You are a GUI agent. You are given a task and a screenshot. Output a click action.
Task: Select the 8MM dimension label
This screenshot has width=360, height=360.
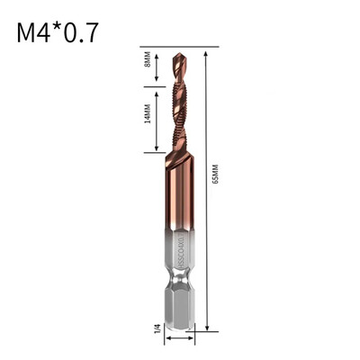pyautogui.click(x=148, y=65)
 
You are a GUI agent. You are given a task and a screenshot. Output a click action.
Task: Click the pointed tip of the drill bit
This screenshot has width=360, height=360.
pyautogui.click(x=178, y=53)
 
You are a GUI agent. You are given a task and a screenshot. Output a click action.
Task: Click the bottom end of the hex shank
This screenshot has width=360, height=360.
pyautogui.click(x=179, y=330)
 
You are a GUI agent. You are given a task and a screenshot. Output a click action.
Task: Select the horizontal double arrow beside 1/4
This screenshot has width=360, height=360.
pyautogui.click(x=179, y=341)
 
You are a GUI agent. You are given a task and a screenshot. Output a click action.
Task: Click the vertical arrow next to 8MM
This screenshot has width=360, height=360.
pyautogui.click(x=155, y=65)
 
